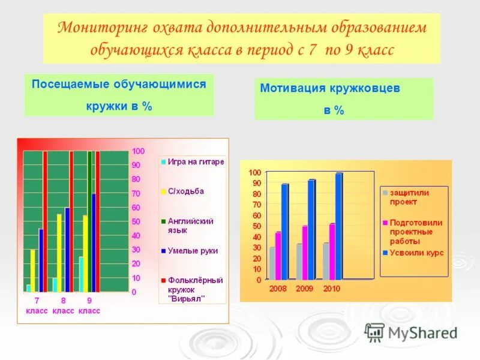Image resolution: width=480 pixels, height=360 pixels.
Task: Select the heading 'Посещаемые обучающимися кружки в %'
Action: coord(119,95)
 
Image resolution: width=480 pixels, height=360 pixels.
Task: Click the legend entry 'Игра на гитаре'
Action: coord(196,161)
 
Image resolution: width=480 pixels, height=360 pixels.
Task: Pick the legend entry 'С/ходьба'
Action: coord(186,191)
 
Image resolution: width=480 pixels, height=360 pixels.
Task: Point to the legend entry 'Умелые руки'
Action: coord(192,251)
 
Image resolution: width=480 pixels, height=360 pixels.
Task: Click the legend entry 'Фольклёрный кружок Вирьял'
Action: coord(194,289)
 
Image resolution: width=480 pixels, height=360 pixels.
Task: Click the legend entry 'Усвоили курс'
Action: coord(416,253)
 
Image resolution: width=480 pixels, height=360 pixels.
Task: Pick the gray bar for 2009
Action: coord(299,262)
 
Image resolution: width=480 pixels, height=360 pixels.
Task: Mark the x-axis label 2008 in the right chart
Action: coord(277,289)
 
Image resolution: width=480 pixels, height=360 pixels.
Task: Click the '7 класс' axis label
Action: coord(37,305)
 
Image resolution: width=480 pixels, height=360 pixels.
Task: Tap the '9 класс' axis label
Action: coord(89,305)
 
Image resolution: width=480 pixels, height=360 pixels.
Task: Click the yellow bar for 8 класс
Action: coord(59,253)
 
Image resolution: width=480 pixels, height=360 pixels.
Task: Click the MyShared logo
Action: coord(411,332)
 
